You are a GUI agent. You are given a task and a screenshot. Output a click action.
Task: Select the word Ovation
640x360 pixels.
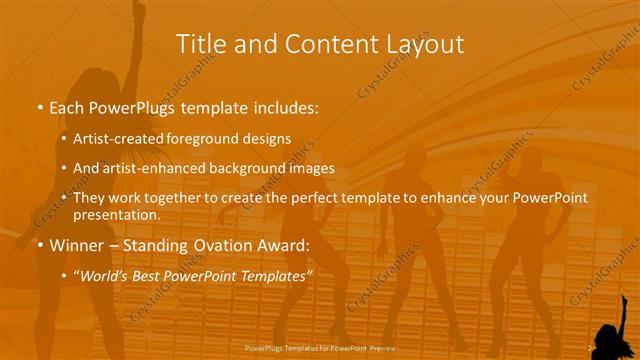(x=227, y=244)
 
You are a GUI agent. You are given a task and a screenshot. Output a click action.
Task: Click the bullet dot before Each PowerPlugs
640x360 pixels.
(x=38, y=106)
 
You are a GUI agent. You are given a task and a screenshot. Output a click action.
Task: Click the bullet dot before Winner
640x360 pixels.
(x=38, y=244)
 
